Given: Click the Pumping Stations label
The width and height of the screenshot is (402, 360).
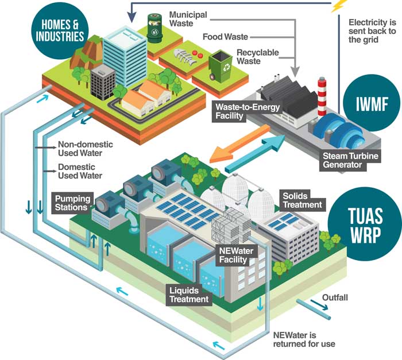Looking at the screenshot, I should (x=72, y=203).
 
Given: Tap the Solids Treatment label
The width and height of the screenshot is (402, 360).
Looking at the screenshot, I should (x=302, y=200).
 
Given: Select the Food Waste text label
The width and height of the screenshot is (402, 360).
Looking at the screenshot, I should (x=226, y=37).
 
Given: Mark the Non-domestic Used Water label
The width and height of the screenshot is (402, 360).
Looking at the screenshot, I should (x=86, y=149).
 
